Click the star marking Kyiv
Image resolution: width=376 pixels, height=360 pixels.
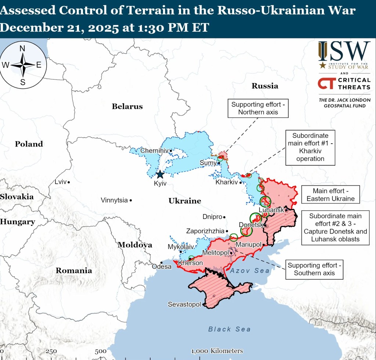point(160,175)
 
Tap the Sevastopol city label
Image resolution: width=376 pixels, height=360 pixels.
point(184,305)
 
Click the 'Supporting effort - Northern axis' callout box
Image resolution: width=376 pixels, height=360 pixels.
point(258,108)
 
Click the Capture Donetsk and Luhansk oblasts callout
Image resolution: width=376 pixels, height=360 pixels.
point(335,228)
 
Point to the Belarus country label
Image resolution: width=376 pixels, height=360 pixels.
point(127,107)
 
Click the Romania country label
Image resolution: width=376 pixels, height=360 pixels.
point(73,271)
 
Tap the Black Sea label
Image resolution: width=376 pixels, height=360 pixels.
point(229,329)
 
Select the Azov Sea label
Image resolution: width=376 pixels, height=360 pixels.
point(250,271)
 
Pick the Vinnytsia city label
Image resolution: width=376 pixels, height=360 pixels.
point(114,200)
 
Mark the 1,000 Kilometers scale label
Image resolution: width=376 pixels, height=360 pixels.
point(217,351)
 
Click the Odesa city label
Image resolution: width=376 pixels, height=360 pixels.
point(162,266)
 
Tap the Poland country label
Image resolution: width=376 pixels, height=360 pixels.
point(29,144)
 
